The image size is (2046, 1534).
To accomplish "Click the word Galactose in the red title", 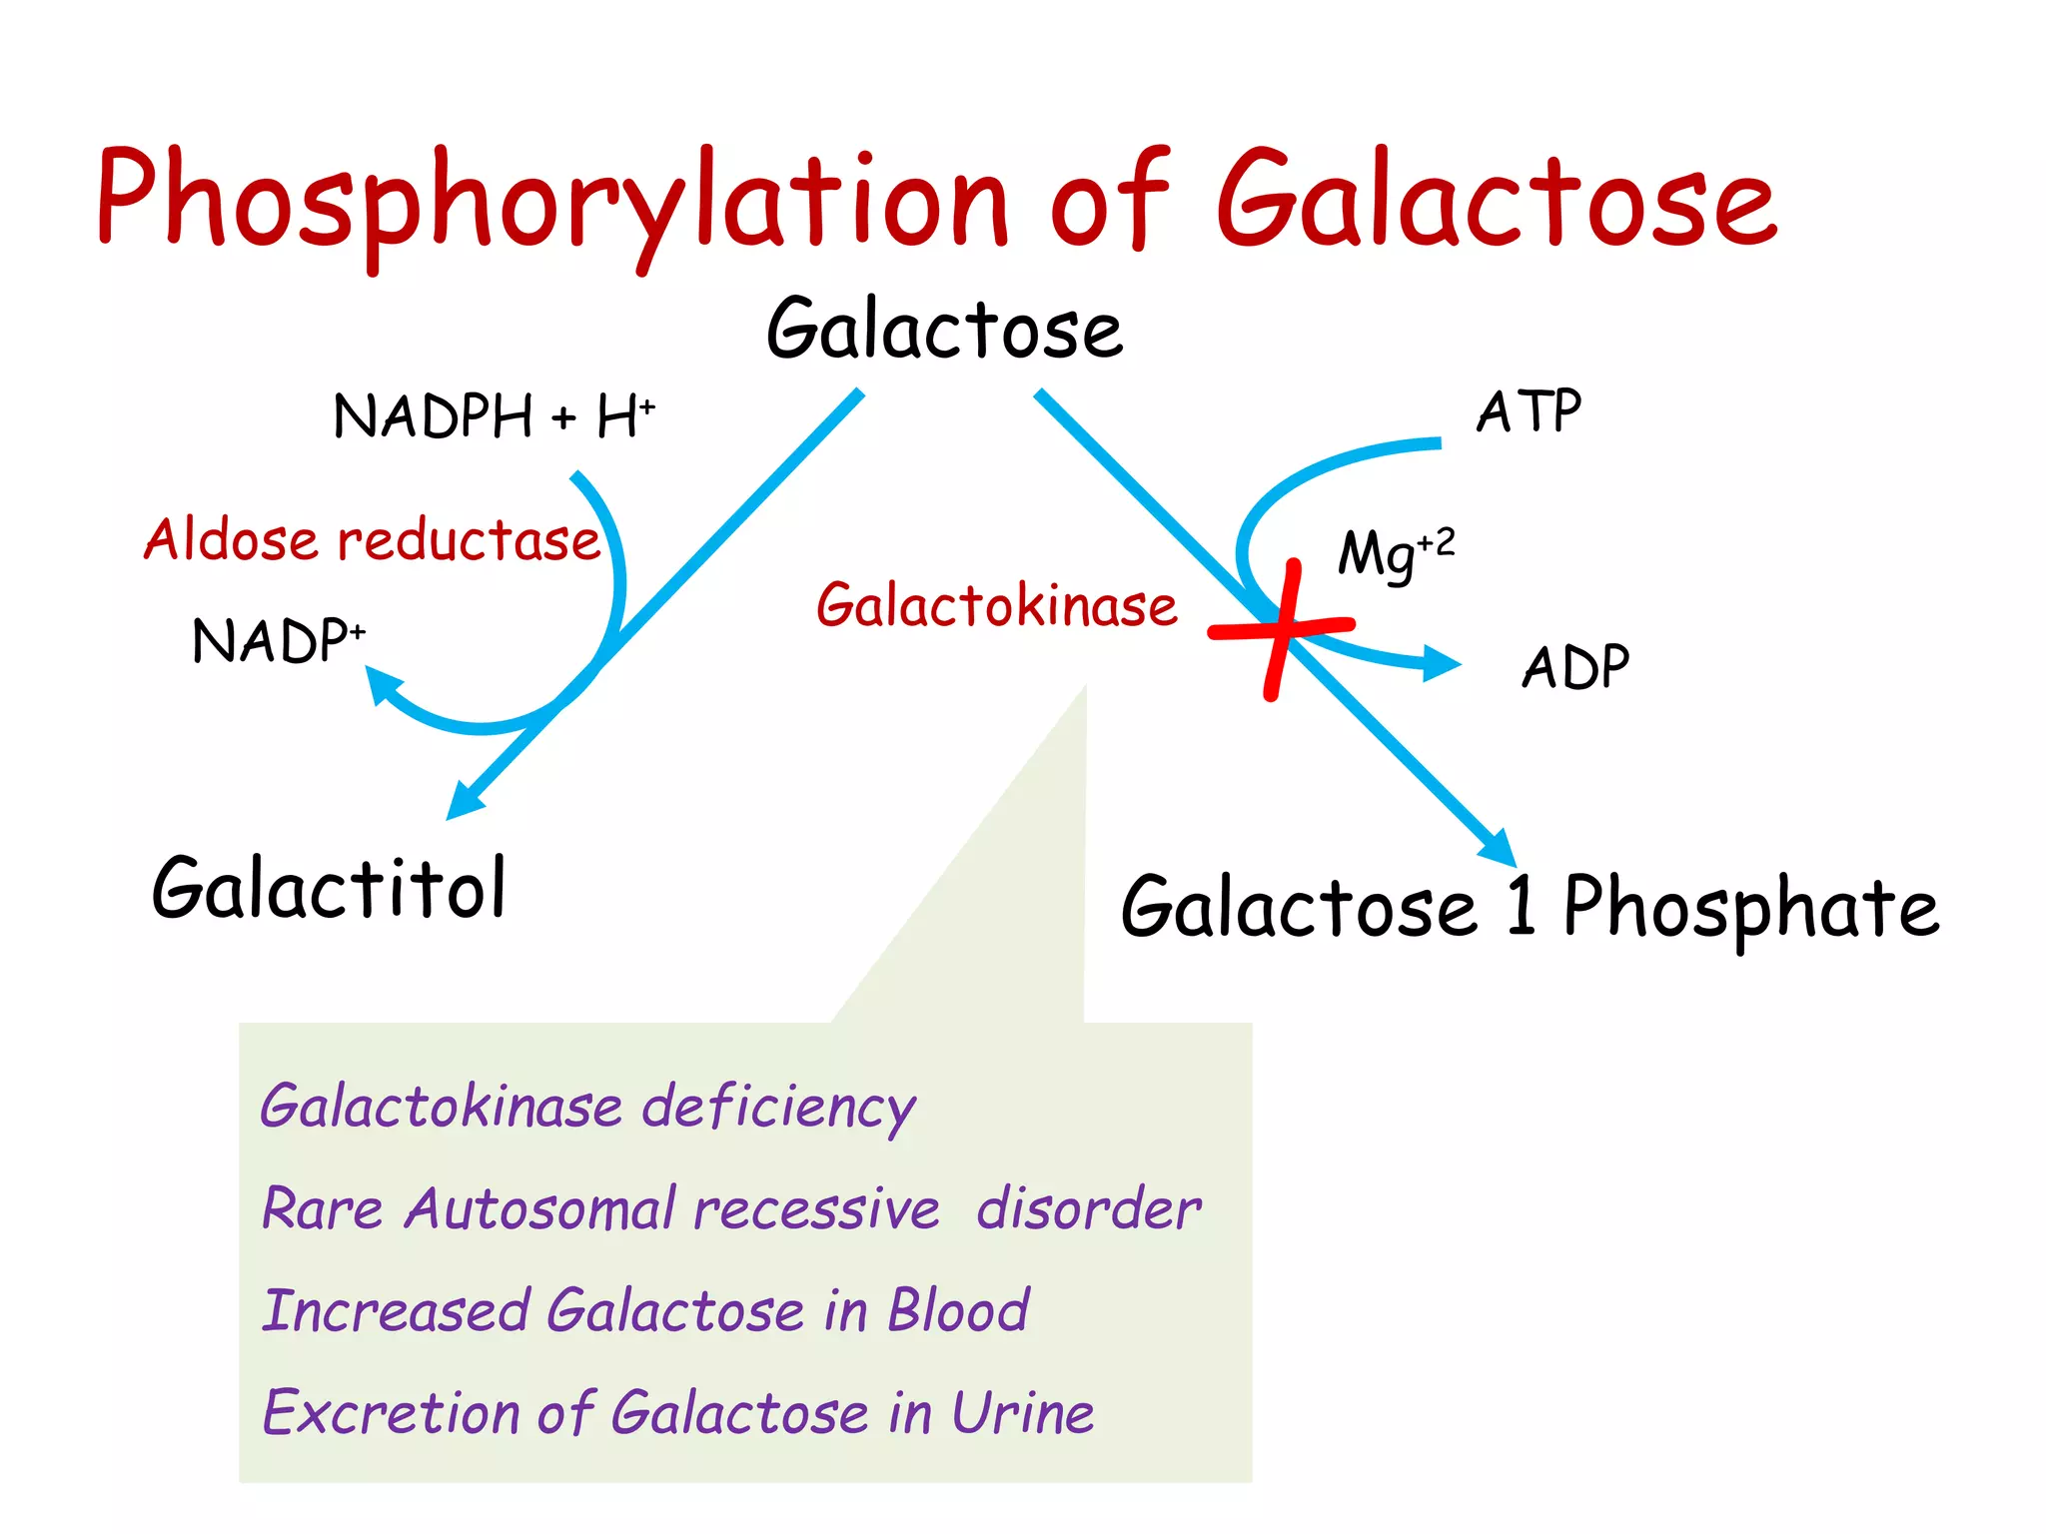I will point(1496,200).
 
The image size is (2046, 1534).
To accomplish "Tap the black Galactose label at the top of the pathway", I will point(944,330).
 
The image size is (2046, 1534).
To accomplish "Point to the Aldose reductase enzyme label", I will point(372,540).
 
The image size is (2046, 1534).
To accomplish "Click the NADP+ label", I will point(279,640).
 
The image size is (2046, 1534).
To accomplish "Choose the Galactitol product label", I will point(329,888).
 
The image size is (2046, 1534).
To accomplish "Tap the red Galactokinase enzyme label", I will point(996,606).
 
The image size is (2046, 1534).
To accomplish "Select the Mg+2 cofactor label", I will point(1396,553).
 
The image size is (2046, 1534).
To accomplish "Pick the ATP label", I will point(1529,410).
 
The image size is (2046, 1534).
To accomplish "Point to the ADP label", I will point(1574,667).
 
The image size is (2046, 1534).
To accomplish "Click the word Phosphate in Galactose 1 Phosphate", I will point(1750,907).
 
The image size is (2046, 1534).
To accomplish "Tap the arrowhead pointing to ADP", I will point(1442,663).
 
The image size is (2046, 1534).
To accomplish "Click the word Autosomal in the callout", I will point(539,1208).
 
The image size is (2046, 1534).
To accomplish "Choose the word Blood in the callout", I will point(958,1310).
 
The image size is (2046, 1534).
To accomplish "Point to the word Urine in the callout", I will point(1022,1412).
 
